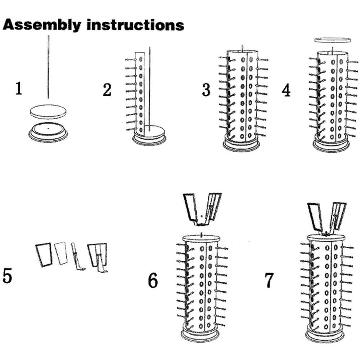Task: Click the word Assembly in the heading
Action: [42, 25]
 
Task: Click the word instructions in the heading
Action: [135, 24]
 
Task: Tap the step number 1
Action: [19, 89]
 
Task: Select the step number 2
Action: [107, 90]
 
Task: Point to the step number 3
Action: [206, 90]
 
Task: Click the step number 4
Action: [286, 90]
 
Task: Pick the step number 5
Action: [7, 276]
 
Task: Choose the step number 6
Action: [153, 280]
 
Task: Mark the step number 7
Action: [269, 280]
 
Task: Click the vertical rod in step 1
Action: [48, 67]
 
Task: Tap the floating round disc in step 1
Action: [48, 112]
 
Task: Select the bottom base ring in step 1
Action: [48, 133]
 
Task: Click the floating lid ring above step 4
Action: [333, 40]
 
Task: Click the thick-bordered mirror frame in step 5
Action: [44, 255]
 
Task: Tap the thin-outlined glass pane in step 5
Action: [61, 253]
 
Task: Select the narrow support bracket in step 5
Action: [77, 256]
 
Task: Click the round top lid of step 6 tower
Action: [201, 238]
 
